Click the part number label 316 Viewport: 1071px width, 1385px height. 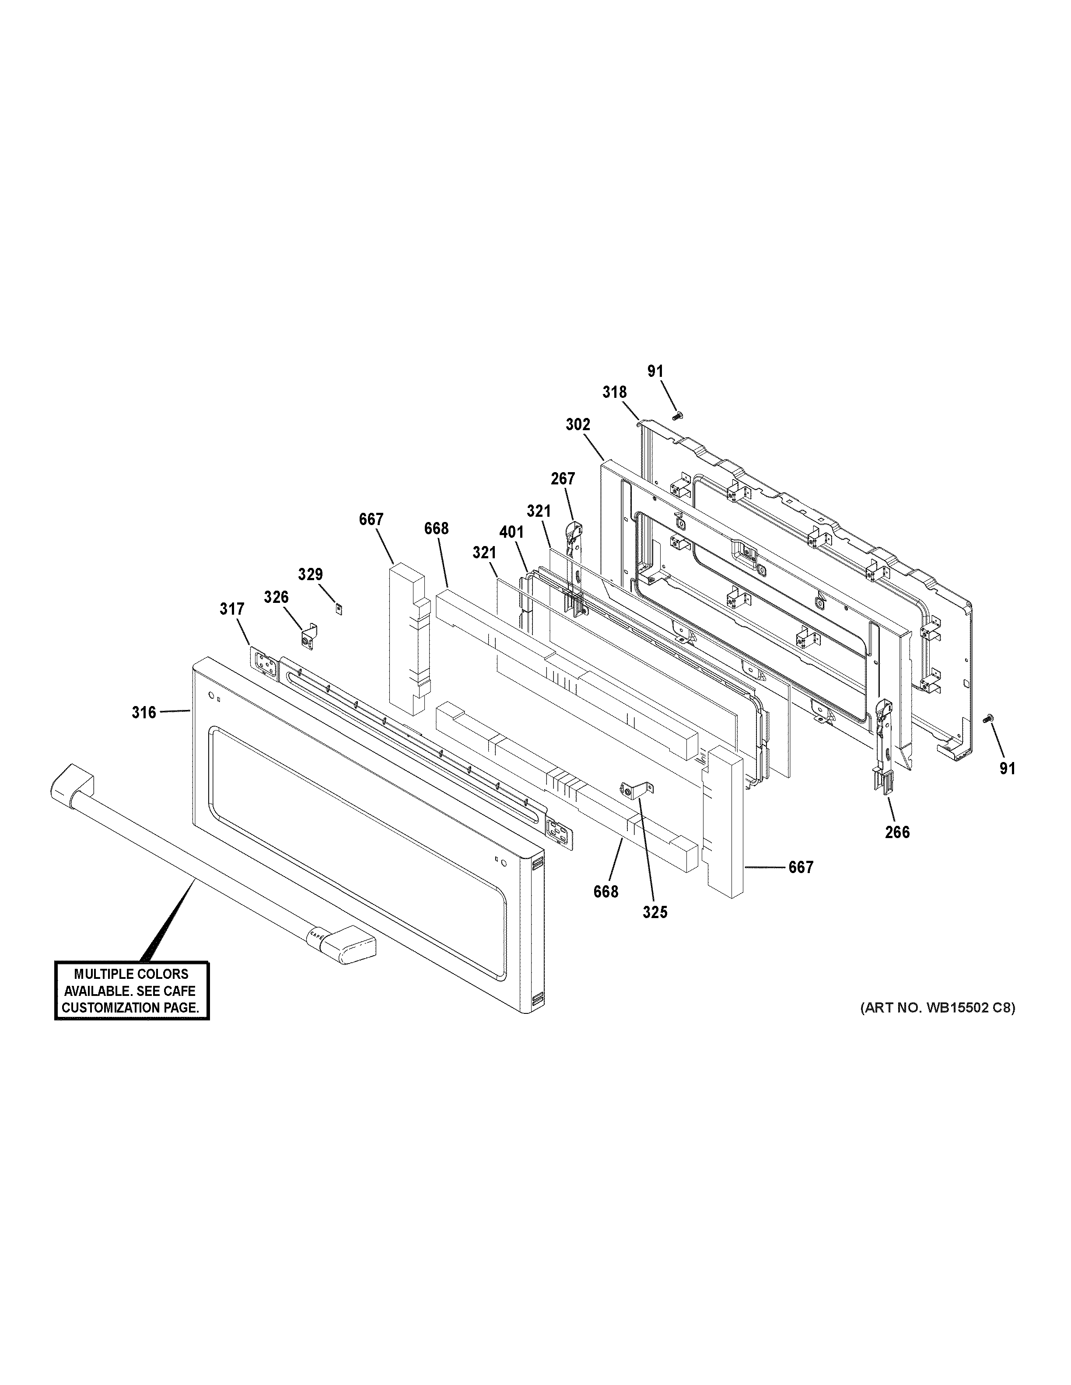pos(143,713)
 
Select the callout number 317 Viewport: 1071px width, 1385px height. pos(231,609)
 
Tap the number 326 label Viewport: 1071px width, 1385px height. pos(276,597)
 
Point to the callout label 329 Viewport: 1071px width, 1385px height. pos(310,574)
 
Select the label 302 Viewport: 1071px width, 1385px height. pos(577,425)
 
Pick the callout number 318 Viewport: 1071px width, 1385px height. pos(614,393)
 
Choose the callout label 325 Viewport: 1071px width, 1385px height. pos(655,912)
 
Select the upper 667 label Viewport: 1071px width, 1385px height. pos(371,519)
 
